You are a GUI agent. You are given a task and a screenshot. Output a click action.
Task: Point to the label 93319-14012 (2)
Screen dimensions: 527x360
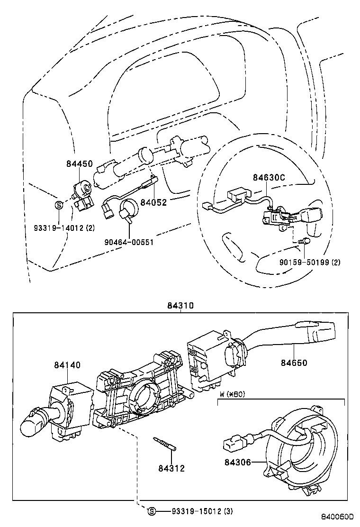[x=64, y=228]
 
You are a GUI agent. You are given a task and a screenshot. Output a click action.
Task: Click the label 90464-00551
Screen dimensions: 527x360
[x=129, y=241]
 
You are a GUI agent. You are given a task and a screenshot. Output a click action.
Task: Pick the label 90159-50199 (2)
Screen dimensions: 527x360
[x=309, y=262]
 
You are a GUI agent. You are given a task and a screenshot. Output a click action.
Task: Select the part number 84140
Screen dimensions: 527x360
[x=67, y=365]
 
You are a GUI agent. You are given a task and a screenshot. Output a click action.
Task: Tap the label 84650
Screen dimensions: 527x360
[x=294, y=363]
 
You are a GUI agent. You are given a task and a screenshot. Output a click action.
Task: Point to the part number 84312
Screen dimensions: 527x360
[x=171, y=469]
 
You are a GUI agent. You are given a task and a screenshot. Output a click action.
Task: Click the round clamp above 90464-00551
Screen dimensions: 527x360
[x=129, y=209]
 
